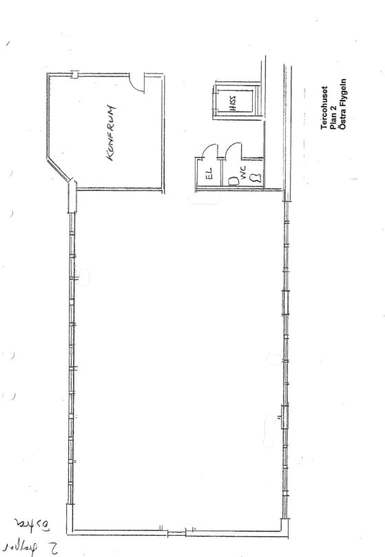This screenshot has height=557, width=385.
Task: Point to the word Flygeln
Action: (342, 116)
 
